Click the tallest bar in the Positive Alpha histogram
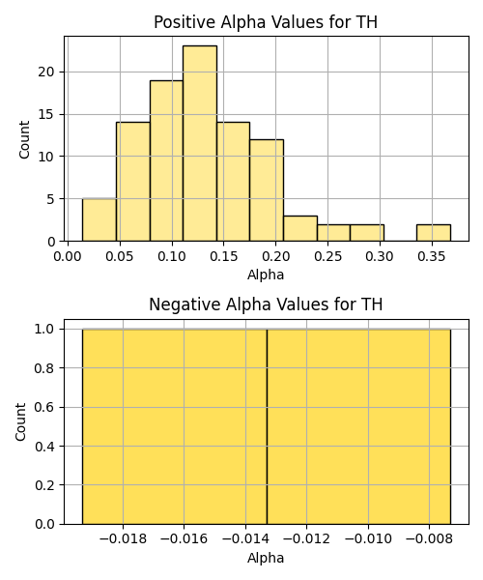click(200, 143)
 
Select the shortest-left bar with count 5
click(99, 220)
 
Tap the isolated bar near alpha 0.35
click(434, 233)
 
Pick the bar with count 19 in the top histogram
click(166, 160)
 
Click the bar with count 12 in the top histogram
click(267, 190)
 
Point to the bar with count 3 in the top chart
click(300, 228)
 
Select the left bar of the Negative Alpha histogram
click(175, 426)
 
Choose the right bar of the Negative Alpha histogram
click(358, 426)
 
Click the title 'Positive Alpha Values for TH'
click(266, 22)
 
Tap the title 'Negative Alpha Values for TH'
click(266, 304)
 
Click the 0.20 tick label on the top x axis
click(275, 256)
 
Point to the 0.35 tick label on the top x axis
click(432, 256)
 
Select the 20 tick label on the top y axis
click(45, 72)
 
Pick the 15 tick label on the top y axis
click(45, 114)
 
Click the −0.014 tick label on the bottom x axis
click(245, 539)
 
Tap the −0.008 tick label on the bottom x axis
click(429, 539)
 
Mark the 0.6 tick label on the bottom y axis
click(44, 407)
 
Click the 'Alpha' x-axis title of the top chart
click(266, 275)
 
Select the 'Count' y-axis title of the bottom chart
click(21, 421)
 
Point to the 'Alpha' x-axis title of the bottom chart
click(266, 558)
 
